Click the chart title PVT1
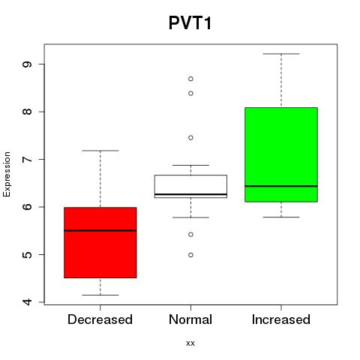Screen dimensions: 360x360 pos(190,23)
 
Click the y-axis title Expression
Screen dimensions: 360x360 pos(7,174)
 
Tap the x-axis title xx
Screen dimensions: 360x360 pos(190,343)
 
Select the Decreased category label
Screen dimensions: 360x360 pos(100,319)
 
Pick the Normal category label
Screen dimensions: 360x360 pos(190,319)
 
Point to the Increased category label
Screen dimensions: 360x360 pos(281,319)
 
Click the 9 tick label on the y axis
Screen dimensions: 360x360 pos(27,64)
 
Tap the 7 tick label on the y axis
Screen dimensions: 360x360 pos(27,159)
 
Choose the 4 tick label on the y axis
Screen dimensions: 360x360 pos(27,302)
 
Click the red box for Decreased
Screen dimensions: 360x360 pos(100,242)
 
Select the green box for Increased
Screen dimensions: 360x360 pos(281,154)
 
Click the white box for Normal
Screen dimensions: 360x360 pos(190,186)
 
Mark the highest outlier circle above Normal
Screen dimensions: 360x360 pos(190,79)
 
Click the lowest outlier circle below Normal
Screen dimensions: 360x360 pos(190,255)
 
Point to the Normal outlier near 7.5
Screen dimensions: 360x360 pos(190,138)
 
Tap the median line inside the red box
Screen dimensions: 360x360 pos(100,230)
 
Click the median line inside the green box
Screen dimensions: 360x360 pos(281,186)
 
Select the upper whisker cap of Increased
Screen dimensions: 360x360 pos(281,54)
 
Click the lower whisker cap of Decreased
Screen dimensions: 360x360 pos(100,295)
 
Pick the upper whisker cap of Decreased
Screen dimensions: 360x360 pos(100,151)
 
